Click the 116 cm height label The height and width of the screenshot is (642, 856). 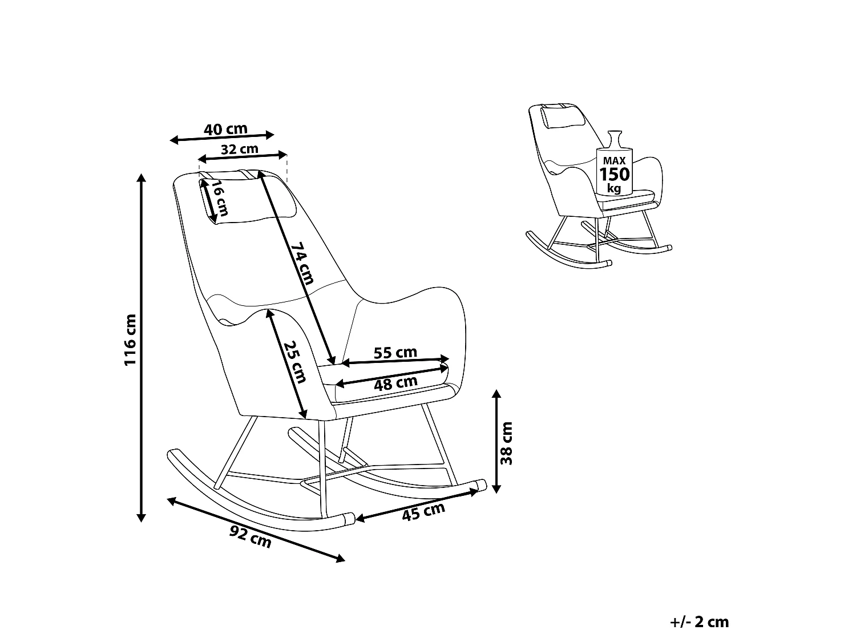tap(130, 340)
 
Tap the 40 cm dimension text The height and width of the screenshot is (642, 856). tap(226, 128)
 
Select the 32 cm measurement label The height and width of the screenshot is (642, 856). tap(240, 149)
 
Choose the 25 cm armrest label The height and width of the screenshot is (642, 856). tap(294, 362)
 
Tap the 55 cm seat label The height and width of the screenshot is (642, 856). tap(395, 352)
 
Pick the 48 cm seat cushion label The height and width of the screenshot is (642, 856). tap(396, 383)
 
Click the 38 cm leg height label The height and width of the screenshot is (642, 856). tap(506, 443)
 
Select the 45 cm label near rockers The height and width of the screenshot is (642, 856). tap(423, 512)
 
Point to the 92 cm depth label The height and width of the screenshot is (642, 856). tap(250, 536)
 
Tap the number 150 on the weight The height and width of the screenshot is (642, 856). tap(614, 174)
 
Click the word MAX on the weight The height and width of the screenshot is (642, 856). tap(614, 160)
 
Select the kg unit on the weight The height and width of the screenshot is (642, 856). tap(614, 189)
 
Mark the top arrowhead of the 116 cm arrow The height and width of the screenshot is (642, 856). tap(141, 177)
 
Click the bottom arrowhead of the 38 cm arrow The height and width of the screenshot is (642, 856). tap(496, 489)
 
